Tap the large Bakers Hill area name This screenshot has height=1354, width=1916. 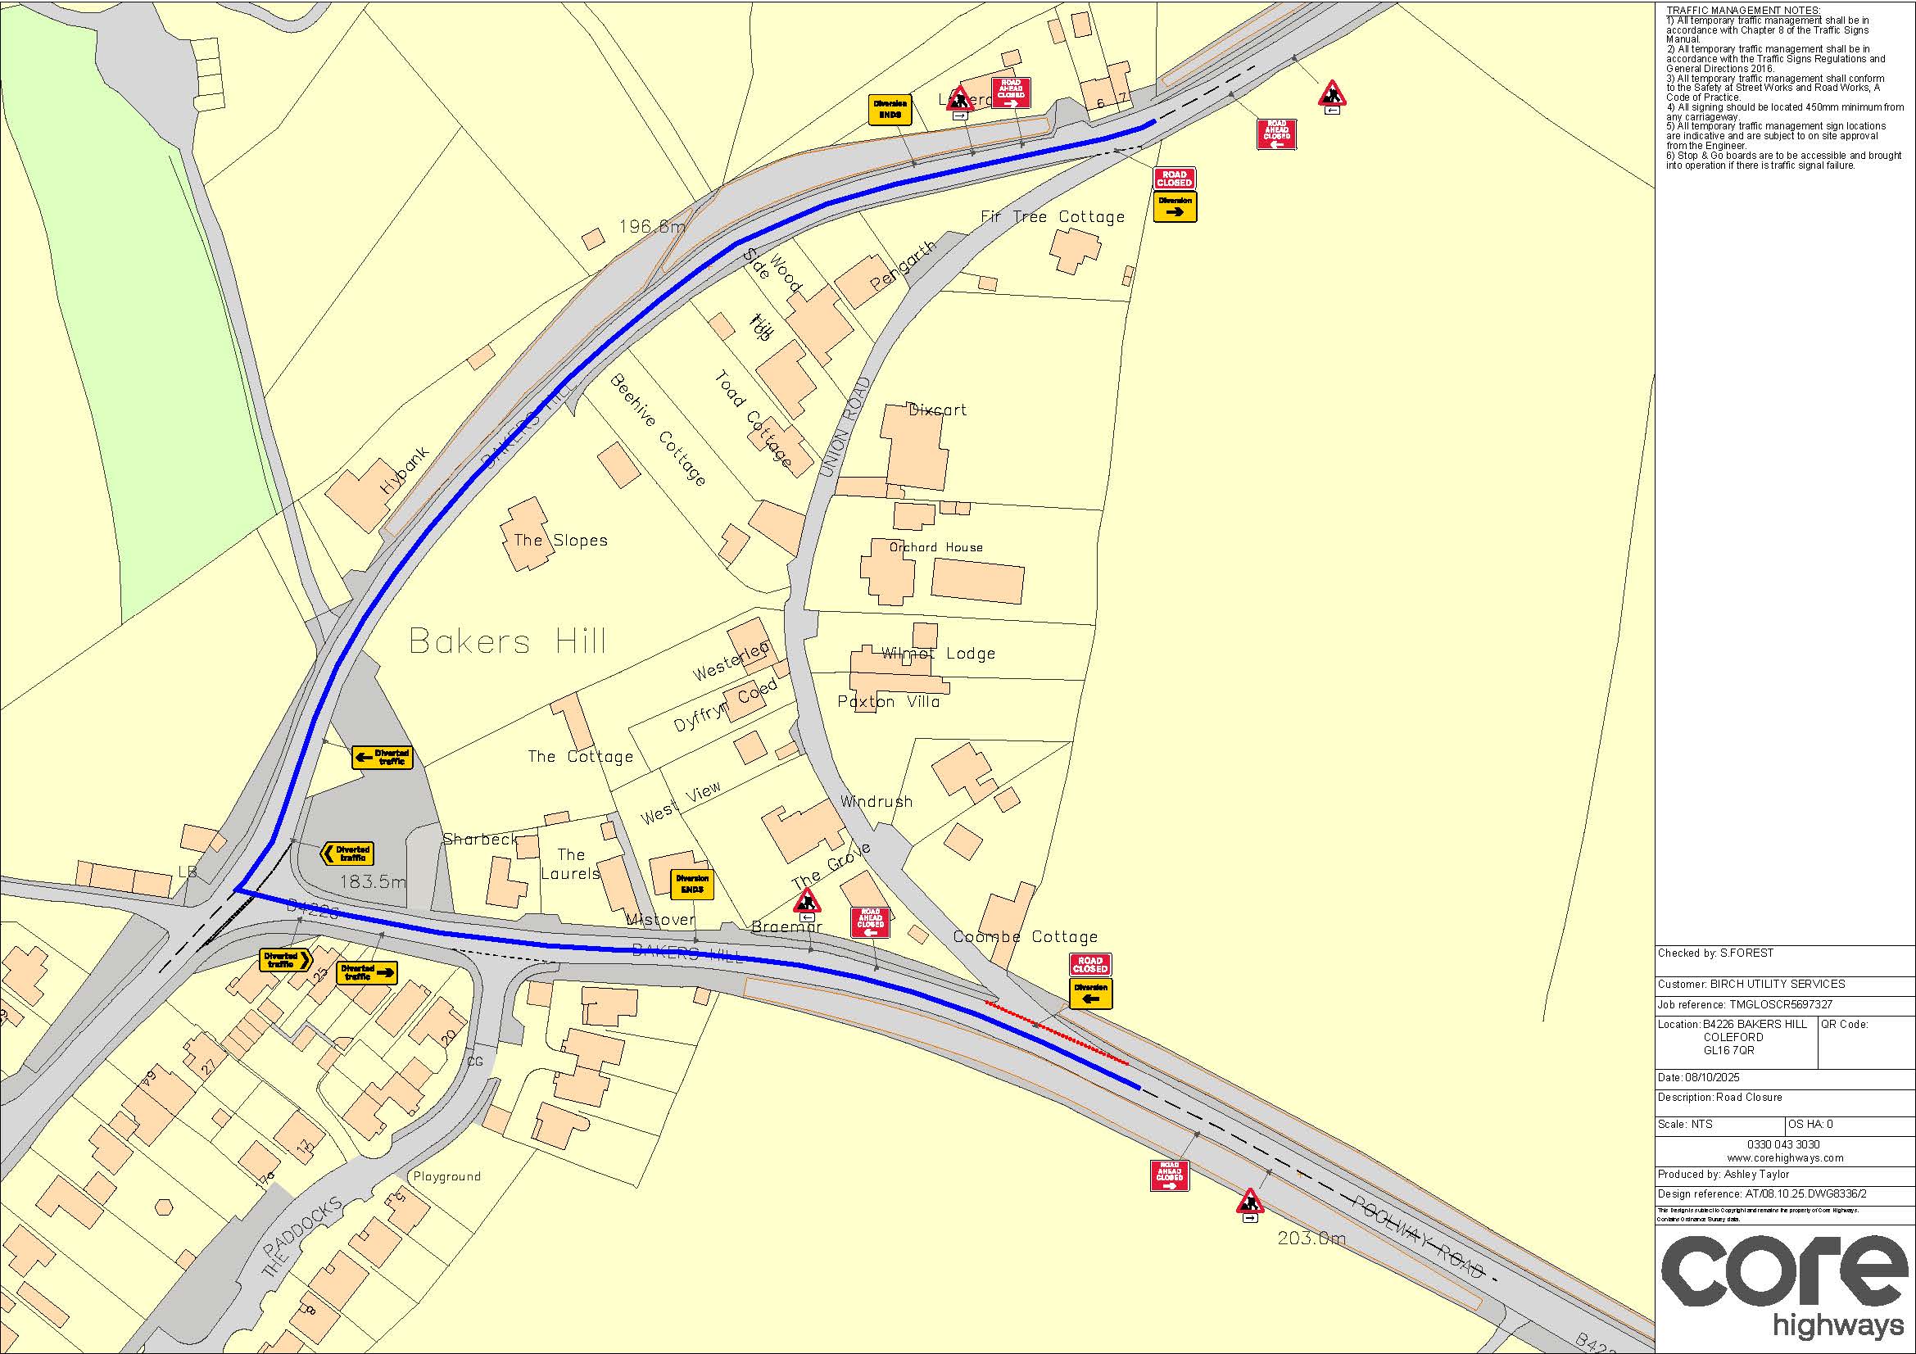(x=507, y=641)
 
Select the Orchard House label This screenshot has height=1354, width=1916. (x=935, y=547)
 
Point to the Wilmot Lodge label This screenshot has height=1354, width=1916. (x=938, y=653)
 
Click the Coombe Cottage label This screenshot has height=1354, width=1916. (x=1025, y=937)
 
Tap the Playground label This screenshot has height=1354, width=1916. (x=446, y=1176)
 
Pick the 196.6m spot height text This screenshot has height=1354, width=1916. (x=652, y=226)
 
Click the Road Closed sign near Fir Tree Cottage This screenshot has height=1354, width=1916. (x=1174, y=179)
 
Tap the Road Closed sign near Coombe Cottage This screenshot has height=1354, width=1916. (x=1089, y=965)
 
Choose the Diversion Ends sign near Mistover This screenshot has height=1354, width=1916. (x=692, y=885)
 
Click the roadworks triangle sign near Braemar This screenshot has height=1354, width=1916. (x=806, y=901)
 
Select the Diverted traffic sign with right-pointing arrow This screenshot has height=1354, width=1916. (x=366, y=973)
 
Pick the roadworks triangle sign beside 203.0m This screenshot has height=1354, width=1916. (x=1249, y=1202)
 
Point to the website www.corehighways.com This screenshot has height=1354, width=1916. (x=1784, y=1158)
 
